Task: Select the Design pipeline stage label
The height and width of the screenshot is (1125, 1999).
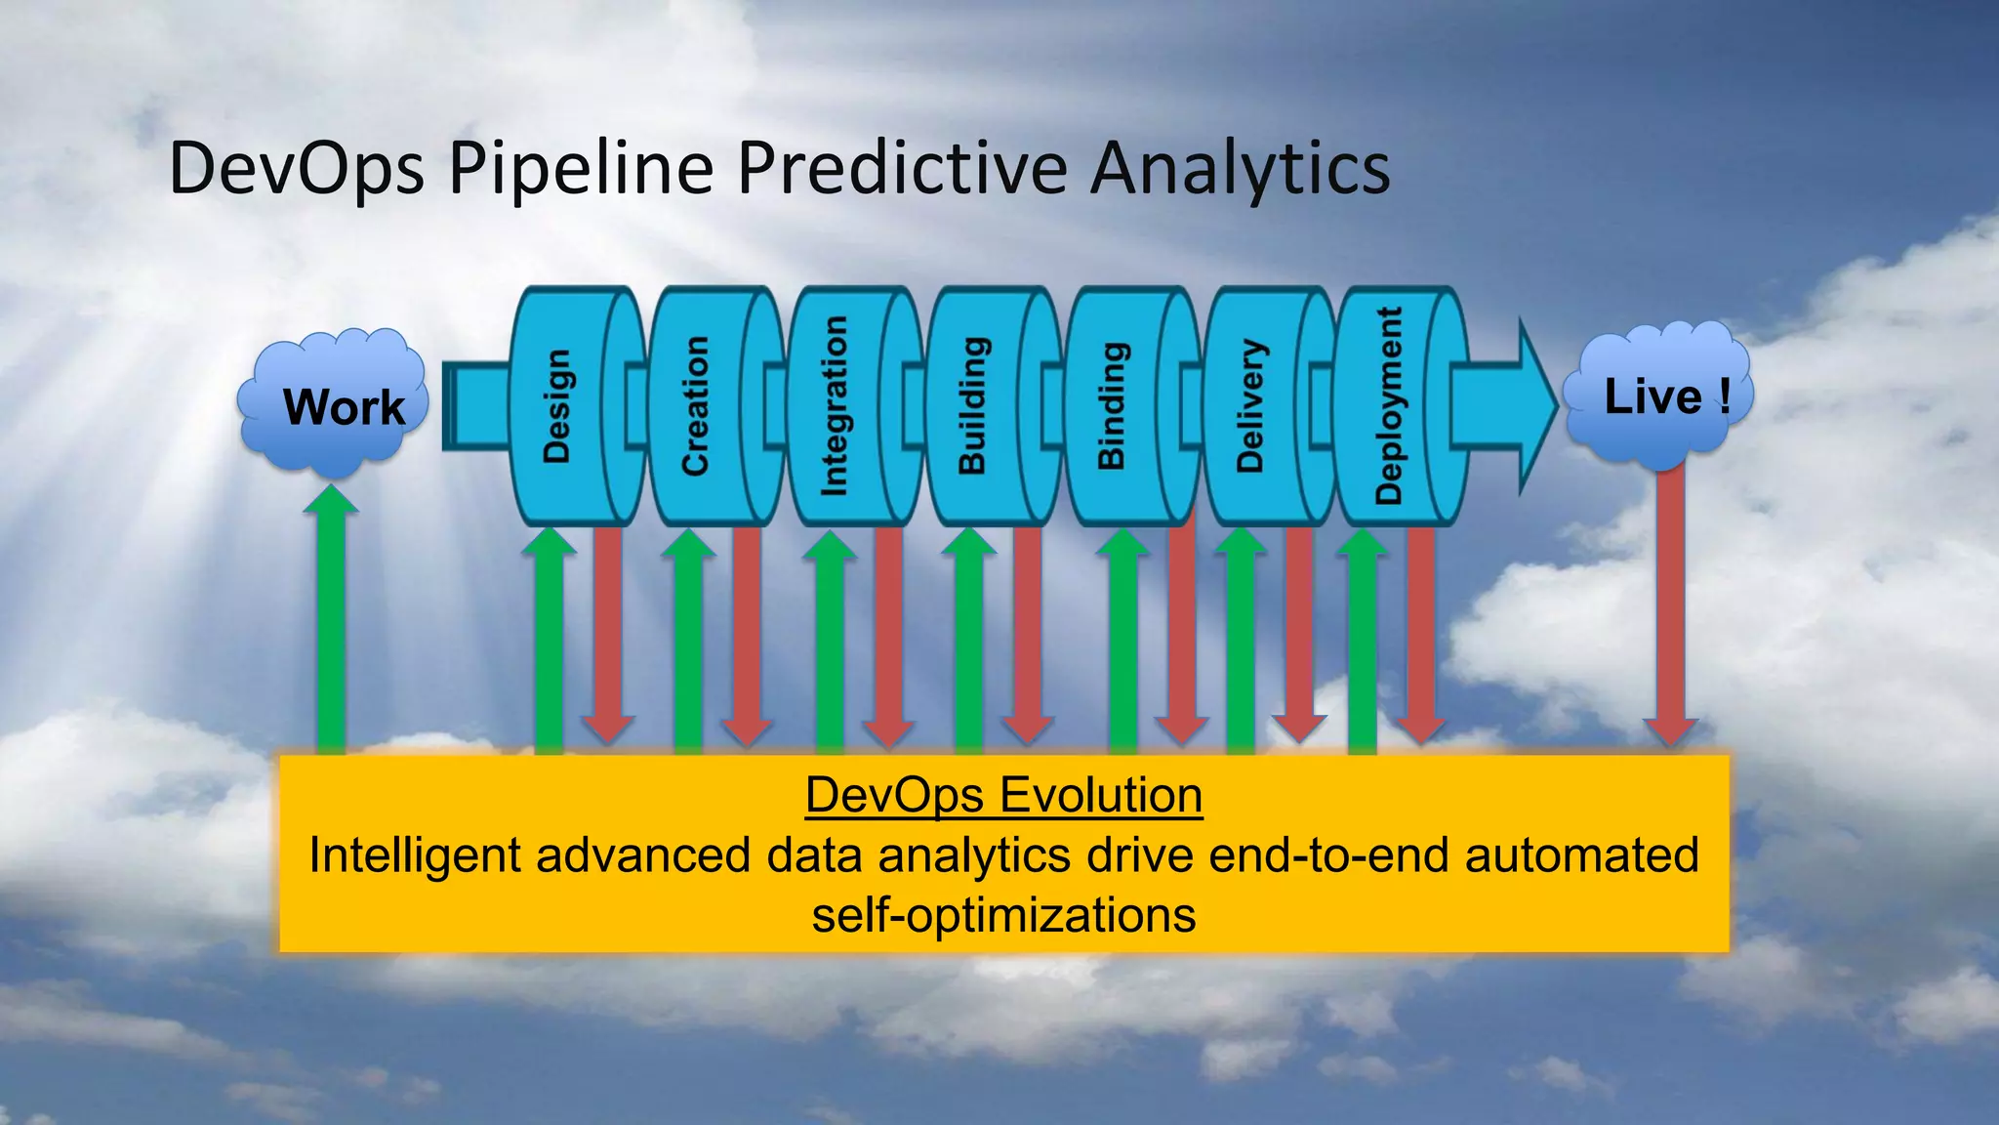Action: (556, 405)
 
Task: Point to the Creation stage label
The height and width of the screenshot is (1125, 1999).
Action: (695, 405)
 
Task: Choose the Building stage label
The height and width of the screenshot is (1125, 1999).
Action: (973, 405)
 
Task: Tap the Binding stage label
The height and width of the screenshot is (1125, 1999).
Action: (1112, 405)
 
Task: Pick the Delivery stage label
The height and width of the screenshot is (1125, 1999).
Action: (1250, 405)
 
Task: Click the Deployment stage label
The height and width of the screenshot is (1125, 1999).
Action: (1388, 405)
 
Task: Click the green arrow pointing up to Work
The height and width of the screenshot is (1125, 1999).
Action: (331, 625)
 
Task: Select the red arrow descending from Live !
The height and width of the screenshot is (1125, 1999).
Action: (1670, 605)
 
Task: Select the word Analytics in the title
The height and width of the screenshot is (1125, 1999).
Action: (1240, 168)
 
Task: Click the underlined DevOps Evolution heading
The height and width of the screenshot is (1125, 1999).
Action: (1003, 795)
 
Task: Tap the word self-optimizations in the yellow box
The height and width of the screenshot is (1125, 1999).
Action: (1003, 915)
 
